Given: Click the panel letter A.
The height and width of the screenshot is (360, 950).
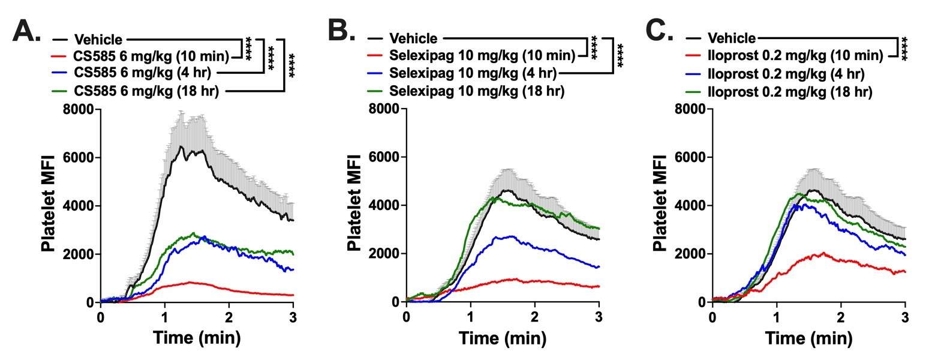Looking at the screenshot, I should pyautogui.click(x=26, y=31).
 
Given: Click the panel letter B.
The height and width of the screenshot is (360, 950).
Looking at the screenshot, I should pyautogui.click(x=341, y=30).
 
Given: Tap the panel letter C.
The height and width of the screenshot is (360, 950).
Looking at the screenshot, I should pyautogui.click(x=659, y=30).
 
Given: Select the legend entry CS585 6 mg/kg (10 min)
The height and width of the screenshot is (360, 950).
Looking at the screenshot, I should pyautogui.click(x=151, y=57).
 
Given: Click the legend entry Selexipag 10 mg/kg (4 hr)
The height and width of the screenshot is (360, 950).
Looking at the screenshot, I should pyautogui.click(x=473, y=74).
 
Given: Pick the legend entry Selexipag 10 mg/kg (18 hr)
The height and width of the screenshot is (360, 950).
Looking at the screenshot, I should pyautogui.click(x=476, y=91).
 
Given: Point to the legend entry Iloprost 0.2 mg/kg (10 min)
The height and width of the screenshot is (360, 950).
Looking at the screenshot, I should pyautogui.click(x=795, y=56).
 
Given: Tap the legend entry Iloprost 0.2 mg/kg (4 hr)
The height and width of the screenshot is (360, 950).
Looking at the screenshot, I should pyautogui.click(x=786, y=74).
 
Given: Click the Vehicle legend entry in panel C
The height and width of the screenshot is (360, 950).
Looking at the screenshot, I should pyautogui.click(x=731, y=38).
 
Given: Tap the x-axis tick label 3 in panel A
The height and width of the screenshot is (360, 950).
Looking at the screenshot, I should pyautogui.click(x=293, y=317).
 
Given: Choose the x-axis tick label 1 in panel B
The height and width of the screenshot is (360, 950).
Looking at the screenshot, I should pyautogui.click(x=470, y=317).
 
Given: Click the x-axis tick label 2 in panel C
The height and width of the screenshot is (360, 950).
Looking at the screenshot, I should pyautogui.click(x=840, y=317).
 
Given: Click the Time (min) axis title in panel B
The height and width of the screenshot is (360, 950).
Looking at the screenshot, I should pyautogui.click(x=503, y=338).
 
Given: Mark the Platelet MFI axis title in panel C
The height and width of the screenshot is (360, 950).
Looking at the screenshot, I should pyautogui.click(x=660, y=204).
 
